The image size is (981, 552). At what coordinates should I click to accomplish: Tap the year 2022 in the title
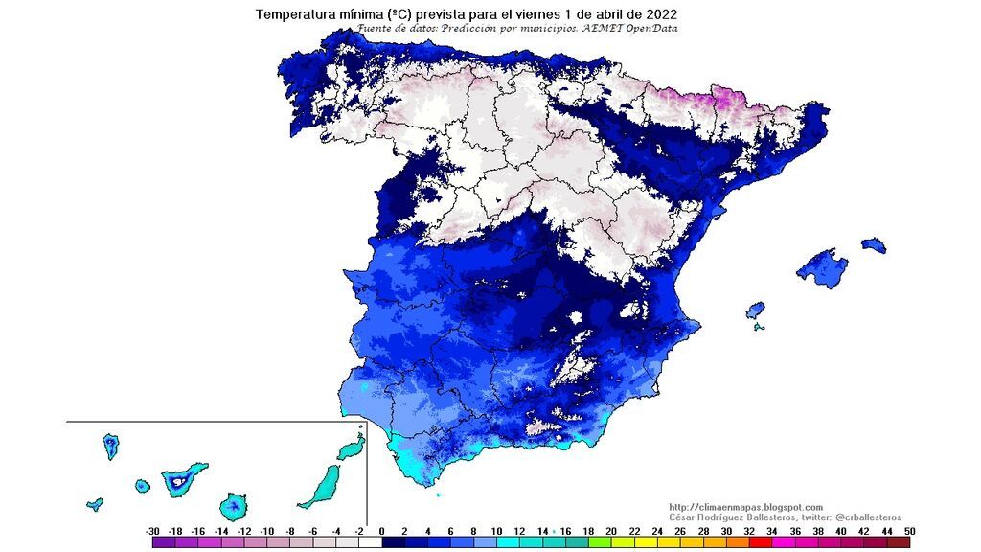pos(658,14)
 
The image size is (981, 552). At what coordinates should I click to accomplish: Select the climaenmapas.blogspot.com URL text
pos(745,507)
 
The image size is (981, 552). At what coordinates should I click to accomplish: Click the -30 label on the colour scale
pos(152,531)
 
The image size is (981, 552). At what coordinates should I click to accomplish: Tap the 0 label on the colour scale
pos(381,531)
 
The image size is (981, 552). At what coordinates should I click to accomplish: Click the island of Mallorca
pos(824,267)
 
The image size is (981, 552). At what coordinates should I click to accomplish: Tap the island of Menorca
pos(873,245)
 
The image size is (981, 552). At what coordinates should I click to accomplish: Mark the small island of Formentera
pos(759,327)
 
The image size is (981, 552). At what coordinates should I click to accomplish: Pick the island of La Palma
pos(111,446)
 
